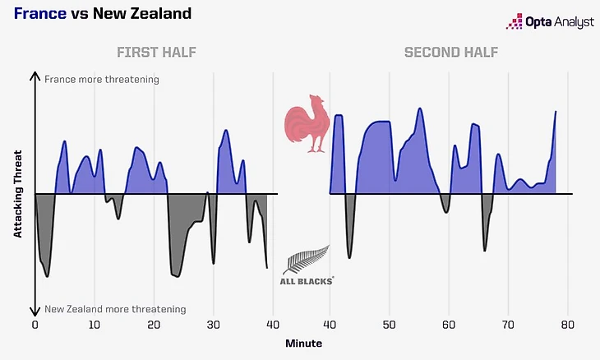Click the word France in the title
point(39,14)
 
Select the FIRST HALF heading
point(156,53)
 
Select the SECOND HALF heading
point(450,53)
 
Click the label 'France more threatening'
point(102,80)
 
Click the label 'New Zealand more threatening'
point(115,309)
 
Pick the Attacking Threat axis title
point(18,195)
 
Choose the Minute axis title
point(304,343)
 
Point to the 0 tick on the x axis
point(35,325)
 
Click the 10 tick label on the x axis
point(95,325)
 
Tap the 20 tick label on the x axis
point(155,325)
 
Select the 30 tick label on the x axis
point(214,325)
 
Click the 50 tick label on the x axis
point(390,325)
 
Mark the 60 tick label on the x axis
point(449,325)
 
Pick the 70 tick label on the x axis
point(508,325)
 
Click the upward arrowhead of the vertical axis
point(35,75)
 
